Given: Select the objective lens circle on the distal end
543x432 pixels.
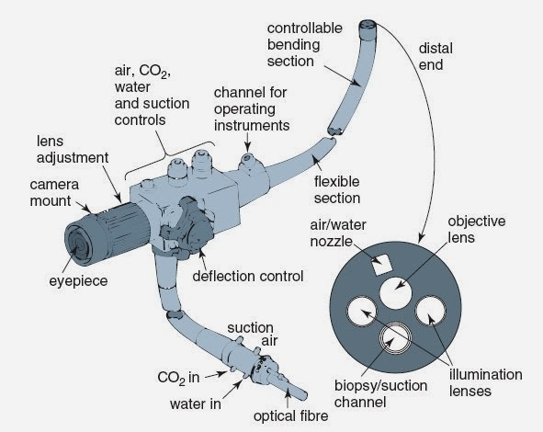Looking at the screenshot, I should click(x=393, y=293).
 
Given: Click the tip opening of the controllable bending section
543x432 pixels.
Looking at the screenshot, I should click(x=369, y=27).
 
